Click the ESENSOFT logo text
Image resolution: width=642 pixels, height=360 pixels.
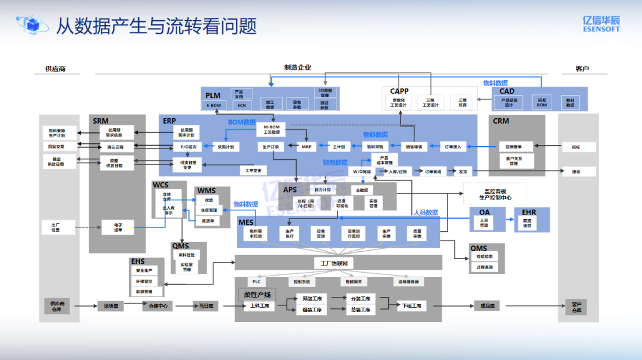point(601,27)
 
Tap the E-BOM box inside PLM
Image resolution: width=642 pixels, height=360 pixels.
point(213,105)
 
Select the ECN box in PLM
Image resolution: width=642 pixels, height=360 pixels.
point(242,105)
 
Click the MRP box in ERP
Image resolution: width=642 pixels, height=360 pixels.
point(306,146)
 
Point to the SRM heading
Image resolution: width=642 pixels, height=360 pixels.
point(100,121)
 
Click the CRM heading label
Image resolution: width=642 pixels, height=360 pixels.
point(501,121)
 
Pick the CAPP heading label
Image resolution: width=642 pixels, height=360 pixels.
point(399,91)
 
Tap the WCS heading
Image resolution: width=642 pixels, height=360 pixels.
point(160,185)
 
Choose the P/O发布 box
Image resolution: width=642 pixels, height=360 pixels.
point(188,146)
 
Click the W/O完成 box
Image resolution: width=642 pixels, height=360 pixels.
point(362,172)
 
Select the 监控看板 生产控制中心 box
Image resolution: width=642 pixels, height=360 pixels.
point(497,194)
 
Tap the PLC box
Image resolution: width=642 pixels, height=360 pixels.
point(256,282)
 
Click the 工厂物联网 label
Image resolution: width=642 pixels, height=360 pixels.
point(333,263)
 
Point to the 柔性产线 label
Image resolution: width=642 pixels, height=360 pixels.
point(257,295)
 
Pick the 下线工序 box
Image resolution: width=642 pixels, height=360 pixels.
point(411,306)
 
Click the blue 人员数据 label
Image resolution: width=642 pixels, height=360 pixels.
point(426,212)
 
